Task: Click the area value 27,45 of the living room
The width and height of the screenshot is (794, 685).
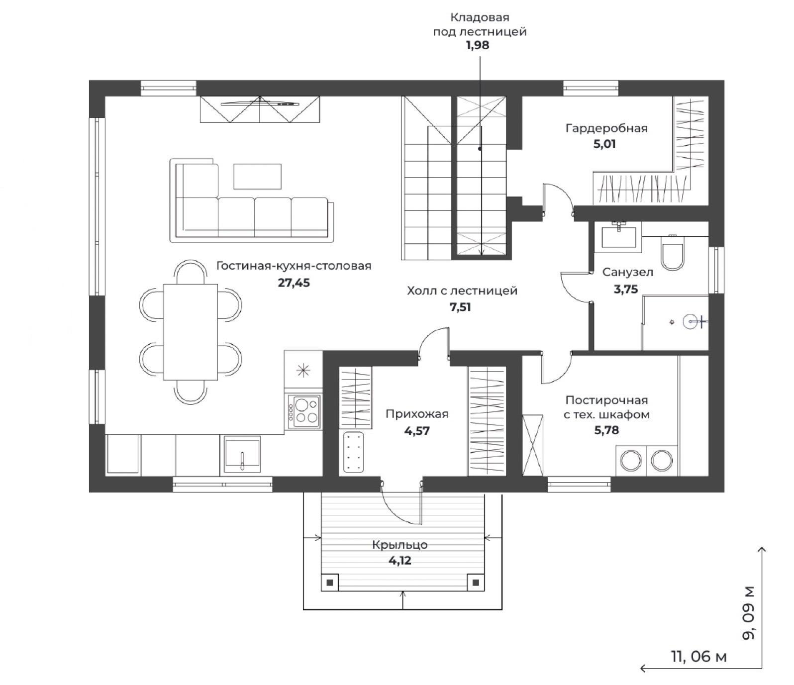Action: (294, 283)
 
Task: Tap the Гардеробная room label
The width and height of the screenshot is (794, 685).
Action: (606, 128)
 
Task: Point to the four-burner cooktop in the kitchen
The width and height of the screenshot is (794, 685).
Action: (303, 411)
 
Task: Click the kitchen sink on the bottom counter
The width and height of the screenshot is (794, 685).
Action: (242, 455)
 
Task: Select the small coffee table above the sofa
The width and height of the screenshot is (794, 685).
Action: (257, 177)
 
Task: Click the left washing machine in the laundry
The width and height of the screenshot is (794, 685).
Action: (630, 460)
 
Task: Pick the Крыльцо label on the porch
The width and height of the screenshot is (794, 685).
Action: (400, 545)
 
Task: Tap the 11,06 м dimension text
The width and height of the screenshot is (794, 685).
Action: (699, 657)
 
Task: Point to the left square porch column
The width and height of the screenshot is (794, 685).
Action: (329, 582)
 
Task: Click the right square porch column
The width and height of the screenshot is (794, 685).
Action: (476, 582)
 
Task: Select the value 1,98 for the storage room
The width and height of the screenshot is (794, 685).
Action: (478, 45)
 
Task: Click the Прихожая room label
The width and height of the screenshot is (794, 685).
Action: (417, 414)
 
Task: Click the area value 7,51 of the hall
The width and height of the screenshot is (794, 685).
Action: (460, 307)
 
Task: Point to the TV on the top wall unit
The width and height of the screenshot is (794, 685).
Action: (259, 103)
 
